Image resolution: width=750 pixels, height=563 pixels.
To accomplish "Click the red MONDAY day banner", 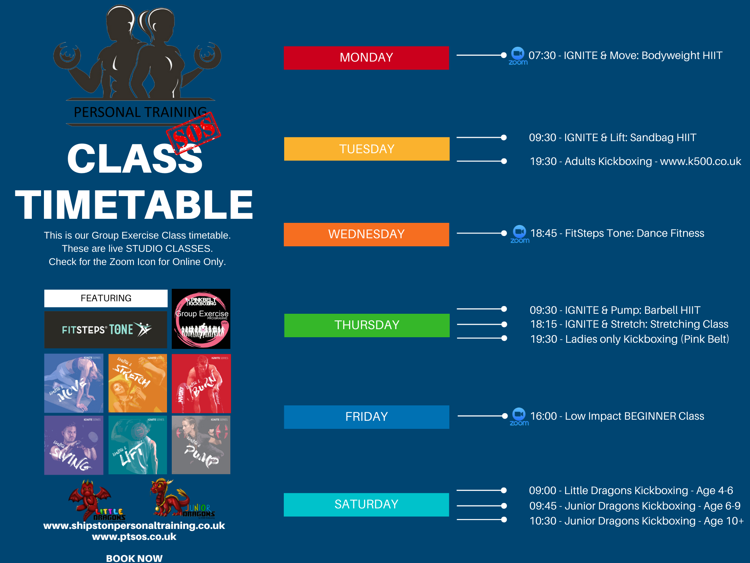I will pos(366,58).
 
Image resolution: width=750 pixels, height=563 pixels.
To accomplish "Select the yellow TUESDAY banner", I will pos(367,149).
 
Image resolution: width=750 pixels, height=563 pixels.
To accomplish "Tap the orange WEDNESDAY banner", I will pos(366,234).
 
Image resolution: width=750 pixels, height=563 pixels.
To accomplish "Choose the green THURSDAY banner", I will pos(367,325).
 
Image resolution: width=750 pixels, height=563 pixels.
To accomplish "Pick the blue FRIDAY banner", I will pos(366,417).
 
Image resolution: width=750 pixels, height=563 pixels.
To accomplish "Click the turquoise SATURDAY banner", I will pos(366,504).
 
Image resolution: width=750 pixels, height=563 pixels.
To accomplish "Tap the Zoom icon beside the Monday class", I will pos(518,56).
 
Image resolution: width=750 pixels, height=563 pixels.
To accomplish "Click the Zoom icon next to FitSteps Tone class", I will pos(520,234).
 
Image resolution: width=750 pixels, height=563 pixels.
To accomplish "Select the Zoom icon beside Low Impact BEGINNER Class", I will pos(519,416).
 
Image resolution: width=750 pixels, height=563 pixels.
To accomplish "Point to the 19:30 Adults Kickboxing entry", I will pos(635,161).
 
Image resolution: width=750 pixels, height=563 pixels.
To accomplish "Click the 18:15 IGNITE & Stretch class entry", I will pos(629,324).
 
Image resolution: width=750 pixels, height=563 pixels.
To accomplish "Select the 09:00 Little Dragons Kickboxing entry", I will pos(631,490).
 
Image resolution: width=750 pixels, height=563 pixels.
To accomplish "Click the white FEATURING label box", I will pos(106,298).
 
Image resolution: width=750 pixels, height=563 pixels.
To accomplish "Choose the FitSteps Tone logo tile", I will pos(106,330).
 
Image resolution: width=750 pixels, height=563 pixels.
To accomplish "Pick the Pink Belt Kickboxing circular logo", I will pos(201,319).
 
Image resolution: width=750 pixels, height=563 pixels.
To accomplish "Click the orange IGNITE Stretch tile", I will pos(138,383).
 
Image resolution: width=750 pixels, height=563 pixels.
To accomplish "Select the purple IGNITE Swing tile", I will pos(74,445).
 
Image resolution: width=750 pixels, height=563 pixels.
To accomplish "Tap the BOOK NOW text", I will pos(134,558).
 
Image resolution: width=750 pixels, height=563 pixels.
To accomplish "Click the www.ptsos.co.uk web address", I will pos(134,537).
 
